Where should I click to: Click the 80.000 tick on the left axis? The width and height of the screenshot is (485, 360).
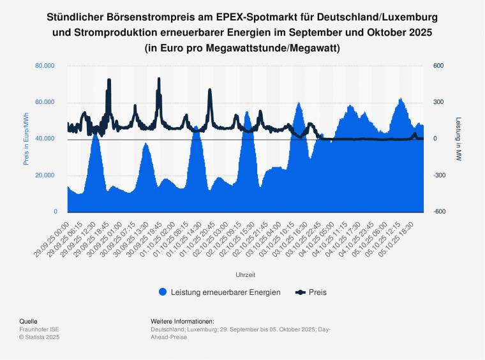click(46, 66)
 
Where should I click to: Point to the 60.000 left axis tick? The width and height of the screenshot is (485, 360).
click(46, 102)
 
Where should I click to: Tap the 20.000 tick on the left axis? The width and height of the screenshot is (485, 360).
click(46, 176)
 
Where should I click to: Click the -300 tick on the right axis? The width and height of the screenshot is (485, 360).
click(441, 176)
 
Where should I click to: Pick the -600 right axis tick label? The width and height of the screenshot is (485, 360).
click(441, 212)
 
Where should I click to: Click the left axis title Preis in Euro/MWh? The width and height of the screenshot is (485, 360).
click(27, 139)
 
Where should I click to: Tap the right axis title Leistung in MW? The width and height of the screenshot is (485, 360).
click(458, 139)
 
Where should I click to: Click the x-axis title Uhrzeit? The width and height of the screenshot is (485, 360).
click(245, 275)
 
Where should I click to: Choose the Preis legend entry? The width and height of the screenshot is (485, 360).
click(317, 292)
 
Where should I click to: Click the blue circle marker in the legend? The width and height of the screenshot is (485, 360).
click(163, 292)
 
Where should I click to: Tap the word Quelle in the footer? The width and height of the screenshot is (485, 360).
click(28, 321)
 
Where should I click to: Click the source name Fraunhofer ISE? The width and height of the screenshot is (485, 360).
click(40, 329)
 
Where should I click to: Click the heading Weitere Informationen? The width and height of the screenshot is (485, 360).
click(182, 321)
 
